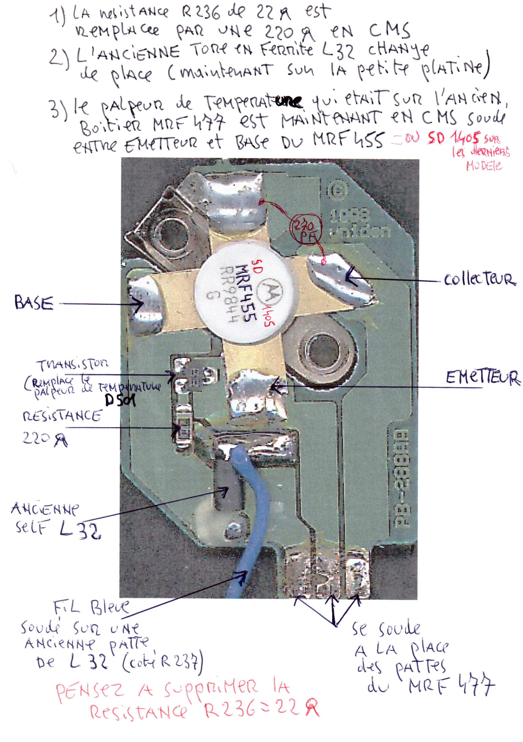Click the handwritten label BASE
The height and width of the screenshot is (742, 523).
coord(34,303)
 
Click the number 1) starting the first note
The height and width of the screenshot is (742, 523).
coord(58,16)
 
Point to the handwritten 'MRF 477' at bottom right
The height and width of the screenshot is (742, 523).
coord(451,686)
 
